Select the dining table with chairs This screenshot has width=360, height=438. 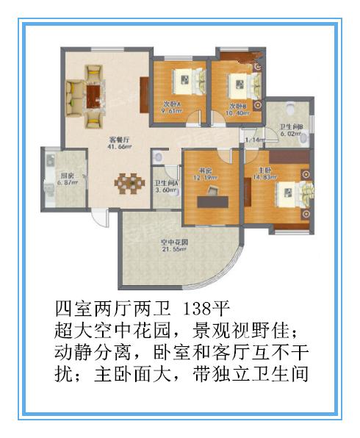(129, 181)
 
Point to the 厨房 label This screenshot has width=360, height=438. (60, 176)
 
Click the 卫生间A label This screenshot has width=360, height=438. (166, 183)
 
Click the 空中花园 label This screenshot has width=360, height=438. (176, 242)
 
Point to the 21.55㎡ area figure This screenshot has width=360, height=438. (176, 250)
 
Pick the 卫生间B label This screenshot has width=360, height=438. (292, 126)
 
